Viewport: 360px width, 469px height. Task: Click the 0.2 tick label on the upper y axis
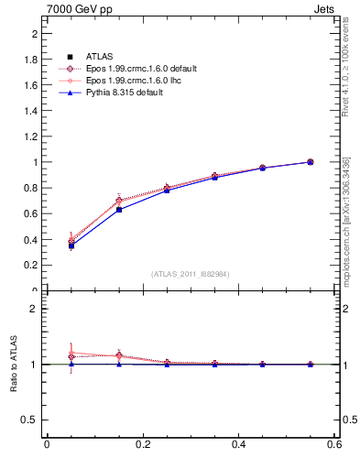(x=30, y=265)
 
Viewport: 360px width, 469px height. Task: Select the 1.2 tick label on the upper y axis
(x=30, y=136)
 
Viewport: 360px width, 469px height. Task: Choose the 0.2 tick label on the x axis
(x=143, y=445)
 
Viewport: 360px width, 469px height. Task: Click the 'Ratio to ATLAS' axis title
(x=14, y=365)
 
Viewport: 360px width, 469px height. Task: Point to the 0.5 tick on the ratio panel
(x=30, y=420)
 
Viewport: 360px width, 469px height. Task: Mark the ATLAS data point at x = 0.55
(x=310, y=162)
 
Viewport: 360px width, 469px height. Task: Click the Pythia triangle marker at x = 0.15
(x=119, y=209)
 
